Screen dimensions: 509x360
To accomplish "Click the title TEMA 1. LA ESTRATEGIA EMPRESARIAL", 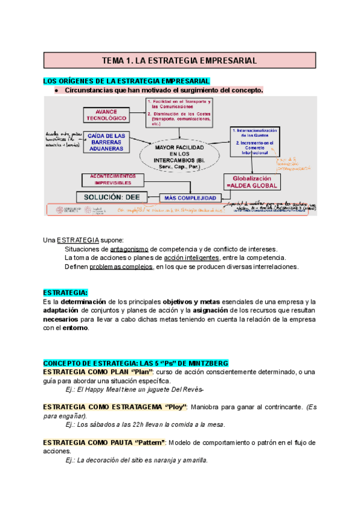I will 179,61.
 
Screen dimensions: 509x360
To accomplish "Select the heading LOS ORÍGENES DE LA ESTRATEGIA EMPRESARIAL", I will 126,81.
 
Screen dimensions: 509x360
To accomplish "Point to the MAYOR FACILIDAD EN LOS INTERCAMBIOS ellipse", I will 179,155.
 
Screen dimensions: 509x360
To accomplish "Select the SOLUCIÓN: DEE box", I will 109,197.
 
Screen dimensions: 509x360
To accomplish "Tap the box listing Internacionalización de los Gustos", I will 256,141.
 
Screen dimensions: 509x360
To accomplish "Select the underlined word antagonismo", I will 129,249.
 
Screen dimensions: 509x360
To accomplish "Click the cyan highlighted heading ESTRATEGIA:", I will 65,292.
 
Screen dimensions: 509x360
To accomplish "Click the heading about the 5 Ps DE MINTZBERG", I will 135,363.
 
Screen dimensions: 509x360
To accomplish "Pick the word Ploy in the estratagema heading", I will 176,407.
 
